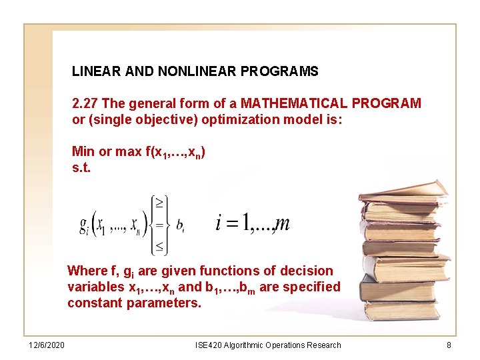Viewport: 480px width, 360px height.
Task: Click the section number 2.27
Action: [85, 103]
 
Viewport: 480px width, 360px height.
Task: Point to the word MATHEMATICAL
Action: [294, 103]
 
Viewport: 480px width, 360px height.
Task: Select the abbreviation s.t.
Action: [81, 167]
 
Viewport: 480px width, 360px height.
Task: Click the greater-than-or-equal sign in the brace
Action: [161, 201]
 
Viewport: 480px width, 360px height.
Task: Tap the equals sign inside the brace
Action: [161, 225]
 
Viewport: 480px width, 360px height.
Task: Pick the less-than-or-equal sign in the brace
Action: [161, 247]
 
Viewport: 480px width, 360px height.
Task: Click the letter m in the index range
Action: [282, 223]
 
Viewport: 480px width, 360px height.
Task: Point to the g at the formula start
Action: [83, 225]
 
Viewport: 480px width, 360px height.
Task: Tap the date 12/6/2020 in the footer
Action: [47, 345]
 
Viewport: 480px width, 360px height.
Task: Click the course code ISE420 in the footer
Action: [209, 345]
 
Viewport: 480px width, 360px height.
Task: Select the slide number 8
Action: [449, 345]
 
